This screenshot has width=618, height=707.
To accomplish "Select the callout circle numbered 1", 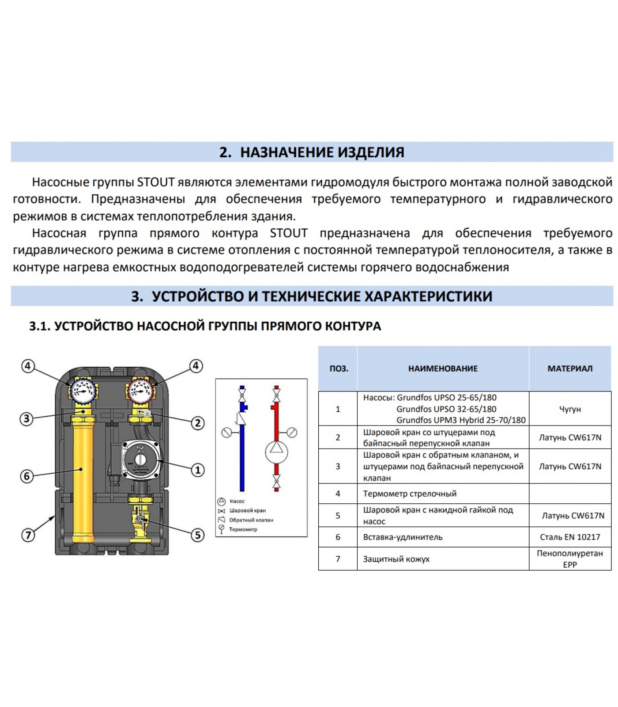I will [x=197, y=470].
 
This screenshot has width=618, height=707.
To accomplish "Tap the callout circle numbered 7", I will [x=28, y=535].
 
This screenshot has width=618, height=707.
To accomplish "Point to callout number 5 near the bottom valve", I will [x=197, y=535].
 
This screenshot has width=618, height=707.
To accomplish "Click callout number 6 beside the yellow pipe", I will [x=27, y=476].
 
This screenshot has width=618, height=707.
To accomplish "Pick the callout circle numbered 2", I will [x=197, y=423].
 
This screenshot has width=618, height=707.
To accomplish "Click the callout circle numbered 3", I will [x=27, y=418].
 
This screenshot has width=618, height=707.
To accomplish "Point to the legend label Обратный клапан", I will [x=251, y=520].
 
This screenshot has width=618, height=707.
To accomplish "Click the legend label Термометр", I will [x=243, y=529].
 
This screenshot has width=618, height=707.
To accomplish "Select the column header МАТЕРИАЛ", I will [x=570, y=369].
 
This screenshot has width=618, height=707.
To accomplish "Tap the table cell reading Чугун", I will [x=570, y=409].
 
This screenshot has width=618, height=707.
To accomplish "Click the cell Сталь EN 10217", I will [x=570, y=537].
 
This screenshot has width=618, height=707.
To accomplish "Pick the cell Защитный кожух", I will [x=396, y=559].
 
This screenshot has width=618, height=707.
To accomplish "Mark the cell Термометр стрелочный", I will [x=410, y=494].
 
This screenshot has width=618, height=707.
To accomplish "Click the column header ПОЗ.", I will [x=339, y=369].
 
